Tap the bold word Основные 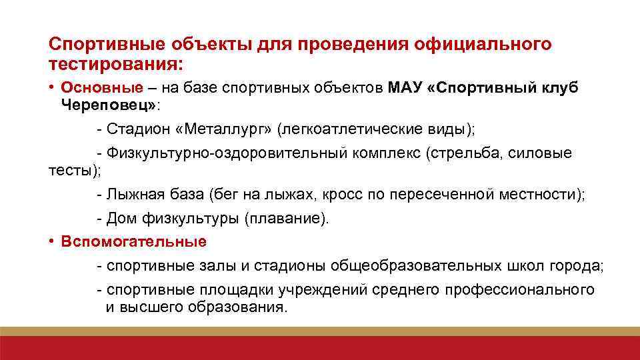102,88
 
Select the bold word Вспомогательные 133,241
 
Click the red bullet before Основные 51,88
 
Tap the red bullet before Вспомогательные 51,241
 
